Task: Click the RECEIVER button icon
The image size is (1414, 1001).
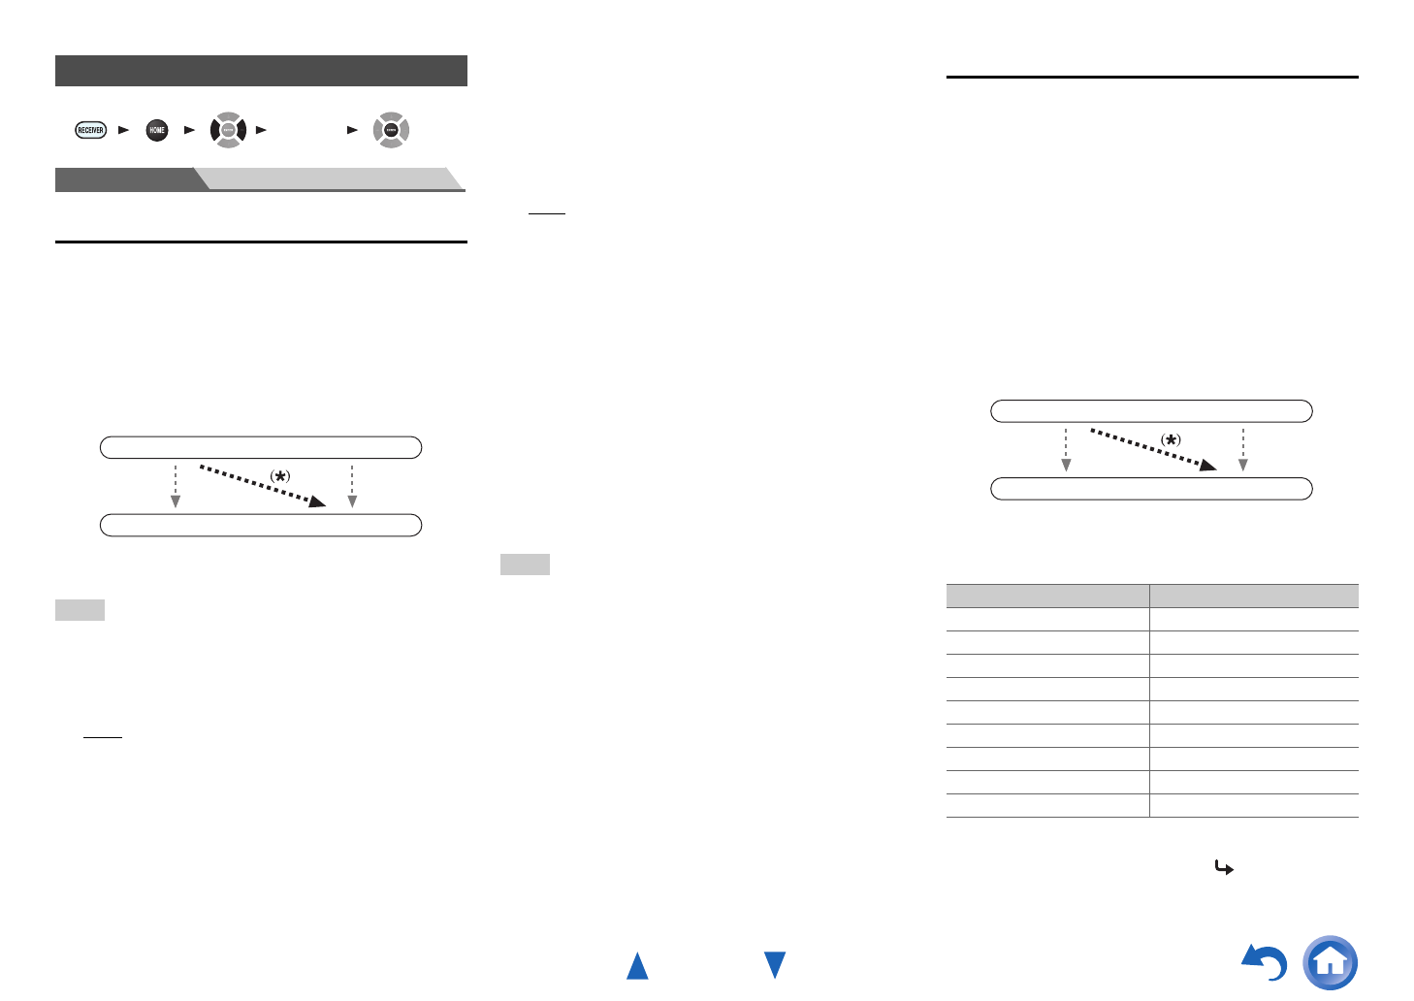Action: click(x=90, y=130)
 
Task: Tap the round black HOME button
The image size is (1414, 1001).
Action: click(x=156, y=130)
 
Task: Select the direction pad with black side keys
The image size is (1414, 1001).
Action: click(x=228, y=130)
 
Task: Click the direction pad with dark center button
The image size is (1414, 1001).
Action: click(x=391, y=130)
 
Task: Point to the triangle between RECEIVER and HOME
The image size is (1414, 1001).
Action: click(x=123, y=130)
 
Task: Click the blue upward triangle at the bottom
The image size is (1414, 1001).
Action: click(x=637, y=966)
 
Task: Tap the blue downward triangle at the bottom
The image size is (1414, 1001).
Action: click(x=774, y=965)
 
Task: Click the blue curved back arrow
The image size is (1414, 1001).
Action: click(x=1265, y=963)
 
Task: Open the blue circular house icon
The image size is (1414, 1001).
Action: click(x=1331, y=962)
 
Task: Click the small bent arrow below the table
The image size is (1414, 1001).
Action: click(x=1224, y=869)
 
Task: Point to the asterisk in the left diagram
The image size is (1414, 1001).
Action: click(x=279, y=476)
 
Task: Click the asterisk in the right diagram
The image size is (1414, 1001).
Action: click(x=1172, y=439)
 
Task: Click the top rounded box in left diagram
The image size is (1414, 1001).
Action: click(x=261, y=447)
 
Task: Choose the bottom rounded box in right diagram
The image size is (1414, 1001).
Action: click(x=1151, y=488)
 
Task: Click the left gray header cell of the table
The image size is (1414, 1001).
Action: click(x=1047, y=596)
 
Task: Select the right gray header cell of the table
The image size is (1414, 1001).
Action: click(x=1254, y=596)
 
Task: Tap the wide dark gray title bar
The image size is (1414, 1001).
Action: click(x=261, y=71)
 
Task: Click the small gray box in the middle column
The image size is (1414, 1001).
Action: click(x=525, y=565)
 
